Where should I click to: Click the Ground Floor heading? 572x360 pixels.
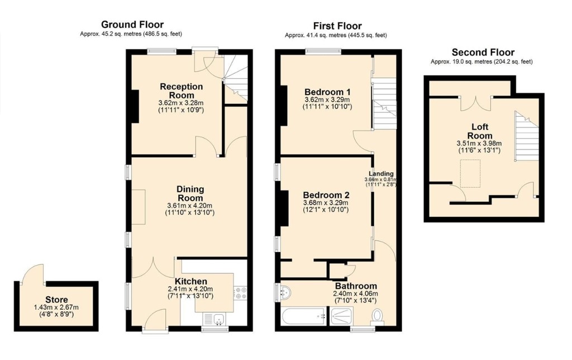click(132, 25)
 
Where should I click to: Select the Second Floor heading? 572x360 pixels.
click(483, 52)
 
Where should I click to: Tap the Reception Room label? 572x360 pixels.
click(181, 91)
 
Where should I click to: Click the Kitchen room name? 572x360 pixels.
click(191, 281)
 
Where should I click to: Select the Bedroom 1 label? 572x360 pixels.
click(327, 92)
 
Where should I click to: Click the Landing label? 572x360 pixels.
click(381, 173)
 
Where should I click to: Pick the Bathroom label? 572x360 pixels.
click(355, 286)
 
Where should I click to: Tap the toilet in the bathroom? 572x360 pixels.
click(378, 316)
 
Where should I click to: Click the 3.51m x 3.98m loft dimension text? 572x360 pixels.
click(479, 143)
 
